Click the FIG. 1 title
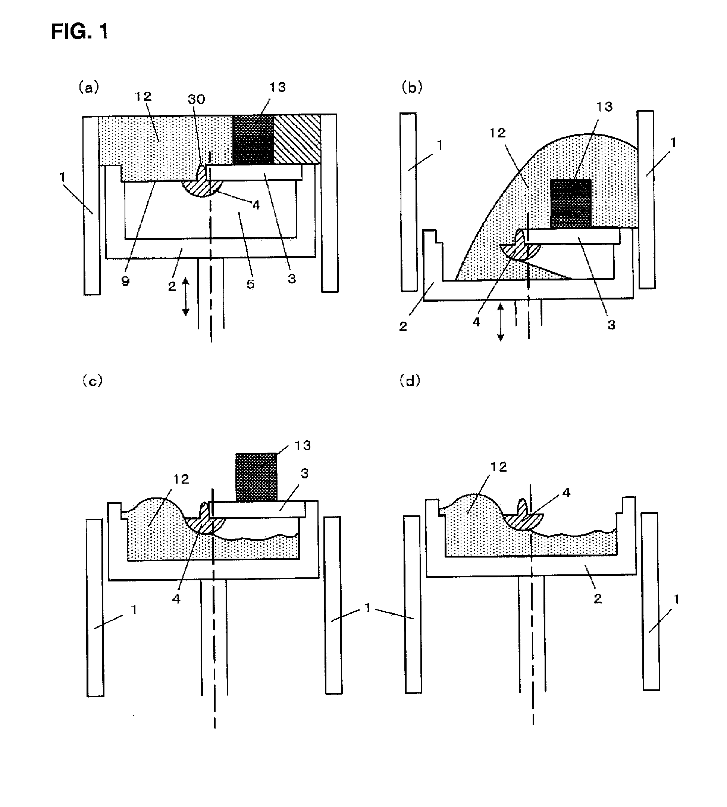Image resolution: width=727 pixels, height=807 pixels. tap(79, 32)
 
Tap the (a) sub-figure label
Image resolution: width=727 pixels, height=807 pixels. tap(89, 87)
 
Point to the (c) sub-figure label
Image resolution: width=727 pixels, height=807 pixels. tap(92, 381)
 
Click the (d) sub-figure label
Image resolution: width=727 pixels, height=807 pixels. tap(410, 381)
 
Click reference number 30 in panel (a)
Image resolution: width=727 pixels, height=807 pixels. tap(196, 99)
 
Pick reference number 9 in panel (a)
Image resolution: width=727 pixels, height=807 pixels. tap(125, 281)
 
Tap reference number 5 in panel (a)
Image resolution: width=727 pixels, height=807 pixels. tap(250, 284)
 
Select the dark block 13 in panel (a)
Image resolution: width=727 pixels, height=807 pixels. tap(253, 140)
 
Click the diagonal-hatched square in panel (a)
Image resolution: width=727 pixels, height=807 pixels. tap(297, 140)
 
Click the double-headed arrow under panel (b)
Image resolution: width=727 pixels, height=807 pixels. tap(500, 322)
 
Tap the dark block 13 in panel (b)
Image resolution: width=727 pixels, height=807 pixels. tap(570, 204)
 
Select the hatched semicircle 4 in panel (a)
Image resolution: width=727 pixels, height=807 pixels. tap(202, 187)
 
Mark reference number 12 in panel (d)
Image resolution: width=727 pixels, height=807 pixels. tap(498, 467)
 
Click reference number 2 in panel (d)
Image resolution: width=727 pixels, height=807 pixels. tap(598, 599)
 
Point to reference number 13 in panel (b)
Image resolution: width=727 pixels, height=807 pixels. tap(604, 107)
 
